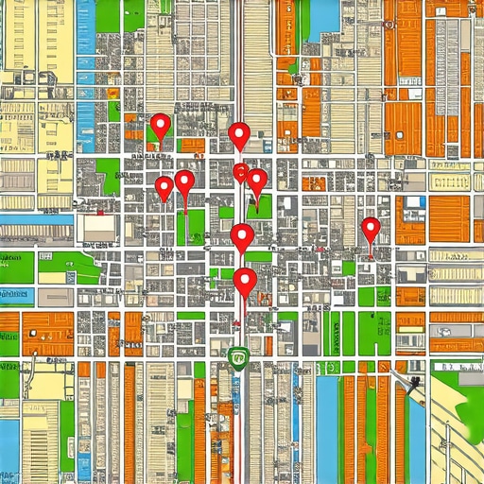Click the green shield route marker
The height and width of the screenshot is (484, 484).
tap(237, 357)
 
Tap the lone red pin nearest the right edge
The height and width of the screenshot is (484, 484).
tap(371, 228)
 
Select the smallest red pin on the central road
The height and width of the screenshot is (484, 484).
tap(241, 172)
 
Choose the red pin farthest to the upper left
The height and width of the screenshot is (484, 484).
tap(161, 125)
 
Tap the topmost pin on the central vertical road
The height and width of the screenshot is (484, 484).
tap(240, 134)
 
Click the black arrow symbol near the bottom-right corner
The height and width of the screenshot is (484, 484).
tap(414, 382)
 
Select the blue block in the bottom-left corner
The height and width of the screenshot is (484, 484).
tap(9, 444)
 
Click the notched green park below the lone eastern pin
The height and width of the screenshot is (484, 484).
tap(370, 331)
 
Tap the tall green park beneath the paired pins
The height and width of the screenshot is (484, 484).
tap(196, 227)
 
